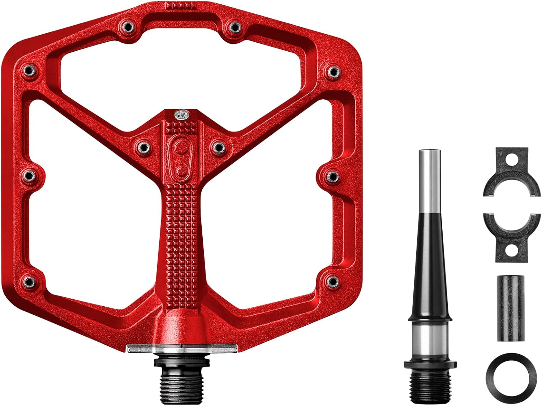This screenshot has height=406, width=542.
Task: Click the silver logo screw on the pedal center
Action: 180,115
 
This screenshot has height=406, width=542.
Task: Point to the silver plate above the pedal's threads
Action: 182,348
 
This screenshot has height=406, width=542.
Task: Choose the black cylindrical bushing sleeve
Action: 510,308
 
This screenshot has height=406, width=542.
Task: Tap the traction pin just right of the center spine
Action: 218,146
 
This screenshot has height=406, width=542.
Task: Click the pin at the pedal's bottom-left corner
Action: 29,281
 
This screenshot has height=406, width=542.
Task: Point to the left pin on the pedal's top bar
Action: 127,26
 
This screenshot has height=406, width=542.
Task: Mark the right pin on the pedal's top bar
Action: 235,26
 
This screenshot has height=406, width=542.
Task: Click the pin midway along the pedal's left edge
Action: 30,176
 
